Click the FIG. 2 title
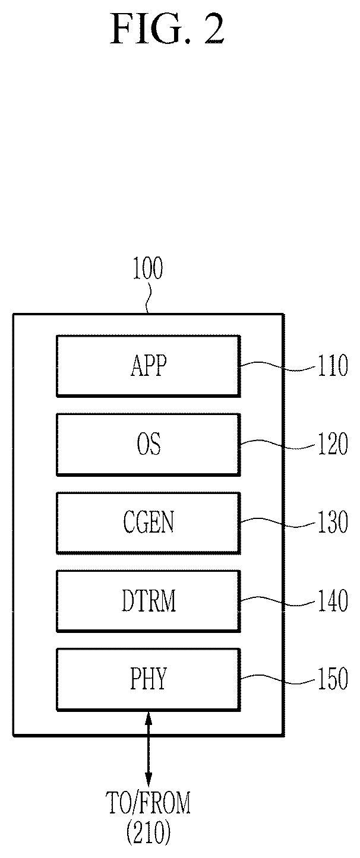pos(167,29)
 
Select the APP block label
pos(149,365)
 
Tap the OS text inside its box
pos(149,444)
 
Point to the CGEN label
pos(149,522)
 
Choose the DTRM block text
pos(149,600)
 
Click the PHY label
pos(149,678)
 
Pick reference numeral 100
pos(147,268)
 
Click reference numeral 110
pos(333,365)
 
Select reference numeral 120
pos(333,444)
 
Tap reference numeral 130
pos(333,522)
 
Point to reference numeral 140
pos(333,600)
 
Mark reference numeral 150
pos(333,678)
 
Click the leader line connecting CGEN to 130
pos(277,523)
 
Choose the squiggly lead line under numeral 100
pos(148,297)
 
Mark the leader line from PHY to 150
pos(277,679)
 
